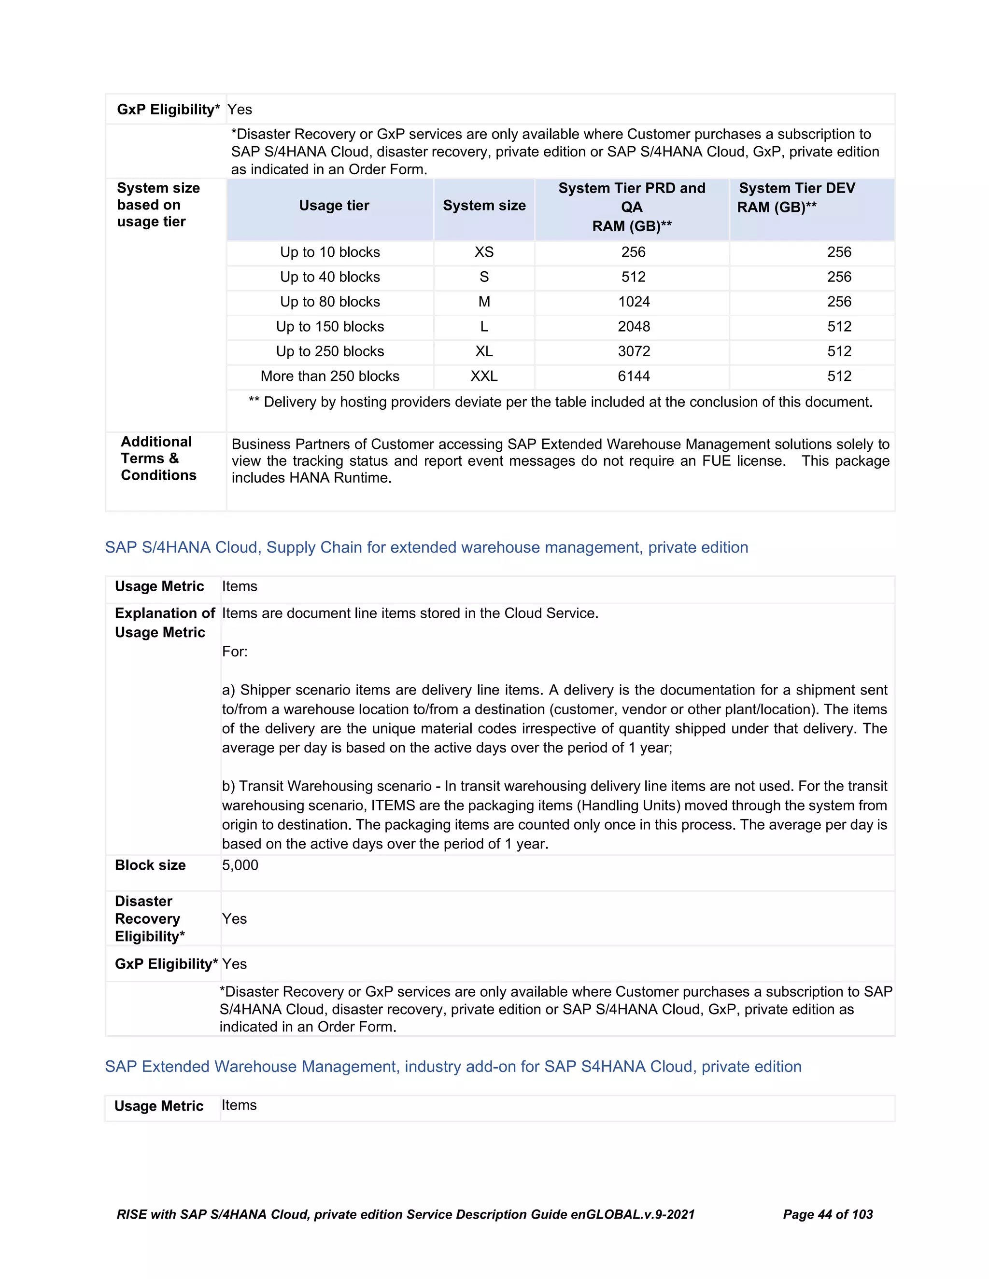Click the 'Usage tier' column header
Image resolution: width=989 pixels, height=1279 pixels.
click(x=334, y=206)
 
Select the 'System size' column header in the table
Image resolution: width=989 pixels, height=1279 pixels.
click(x=484, y=206)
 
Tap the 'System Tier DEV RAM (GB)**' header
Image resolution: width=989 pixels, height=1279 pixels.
click(x=796, y=197)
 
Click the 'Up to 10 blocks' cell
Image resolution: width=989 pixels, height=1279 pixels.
click(x=330, y=252)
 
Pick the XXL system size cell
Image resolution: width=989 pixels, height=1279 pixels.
click(x=484, y=376)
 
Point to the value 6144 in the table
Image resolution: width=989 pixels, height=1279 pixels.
click(x=634, y=376)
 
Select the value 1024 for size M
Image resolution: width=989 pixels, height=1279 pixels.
click(x=634, y=302)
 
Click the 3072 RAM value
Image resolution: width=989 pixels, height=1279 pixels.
click(x=634, y=351)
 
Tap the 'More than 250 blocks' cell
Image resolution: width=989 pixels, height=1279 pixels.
click(x=330, y=376)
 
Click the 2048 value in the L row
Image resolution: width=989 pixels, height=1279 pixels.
click(x=634, y=327)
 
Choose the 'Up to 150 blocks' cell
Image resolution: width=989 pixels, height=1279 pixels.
click(x=330, y=327)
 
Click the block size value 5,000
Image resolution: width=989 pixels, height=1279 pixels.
click(x=240, y=865)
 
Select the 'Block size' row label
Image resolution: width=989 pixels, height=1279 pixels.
click(x=150, y=865)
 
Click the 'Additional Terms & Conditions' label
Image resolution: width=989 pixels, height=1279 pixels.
click(x=158, y=459)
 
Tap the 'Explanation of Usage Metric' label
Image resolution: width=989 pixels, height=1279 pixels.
click(x=164, y=623)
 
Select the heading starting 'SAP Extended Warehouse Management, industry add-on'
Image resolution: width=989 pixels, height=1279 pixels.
click(x=453, y=1067)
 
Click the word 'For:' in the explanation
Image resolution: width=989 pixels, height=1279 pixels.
click(x=234, y=652)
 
